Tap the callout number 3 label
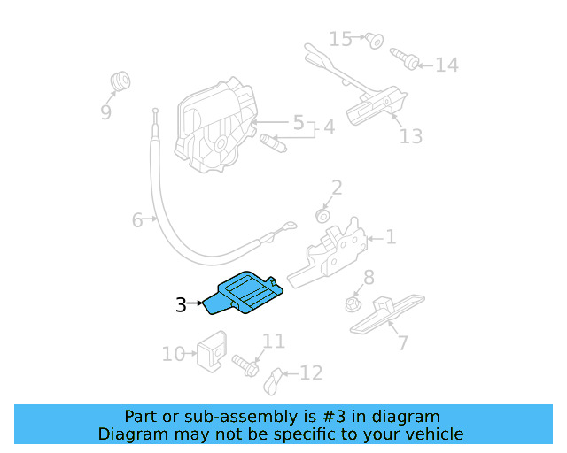[x=181, y=305]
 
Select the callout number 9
[x=106, y=112]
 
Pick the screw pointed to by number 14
[x=408, y=61]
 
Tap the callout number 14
[x=447, y=65]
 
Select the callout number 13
[x=410, y=135]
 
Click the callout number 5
[x=299, y=121]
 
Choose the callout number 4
[x=329, y=127]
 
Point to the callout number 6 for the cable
[x=137, y=219]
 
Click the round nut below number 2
[x=323, y=216]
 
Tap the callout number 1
[x=391, y=237]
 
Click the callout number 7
[x=402, y=342]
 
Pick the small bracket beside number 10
[x=212, y=351]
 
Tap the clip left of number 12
[x=274, y=380]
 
